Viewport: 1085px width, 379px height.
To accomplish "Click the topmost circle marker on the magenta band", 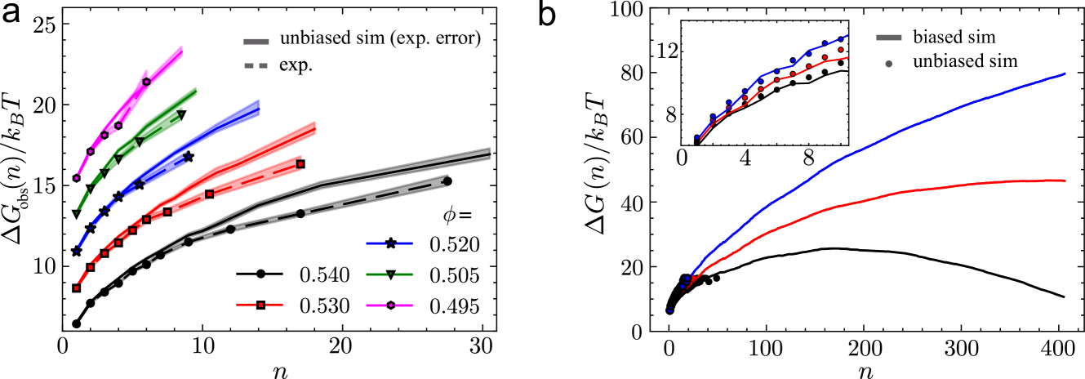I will point(146,81).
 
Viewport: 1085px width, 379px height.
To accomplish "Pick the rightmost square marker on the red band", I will point(300,164).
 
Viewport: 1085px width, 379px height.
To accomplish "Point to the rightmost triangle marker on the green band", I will point(181,114).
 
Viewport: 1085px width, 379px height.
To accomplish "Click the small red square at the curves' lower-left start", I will point(76,288).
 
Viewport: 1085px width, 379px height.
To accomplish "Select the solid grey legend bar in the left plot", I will point(256,42).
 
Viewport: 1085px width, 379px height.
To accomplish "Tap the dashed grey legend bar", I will point(256,65).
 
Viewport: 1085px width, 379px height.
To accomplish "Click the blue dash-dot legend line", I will point(389,243).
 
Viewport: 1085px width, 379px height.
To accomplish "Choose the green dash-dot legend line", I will point(389,274).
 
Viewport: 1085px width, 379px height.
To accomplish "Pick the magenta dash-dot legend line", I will point(389,305).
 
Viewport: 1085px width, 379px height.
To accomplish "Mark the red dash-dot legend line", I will point(260,305).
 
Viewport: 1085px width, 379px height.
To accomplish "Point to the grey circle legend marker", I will point(888,64).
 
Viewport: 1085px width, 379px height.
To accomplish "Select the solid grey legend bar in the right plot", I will point(888,38).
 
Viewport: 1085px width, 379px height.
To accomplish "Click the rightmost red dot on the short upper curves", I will point(840,50).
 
